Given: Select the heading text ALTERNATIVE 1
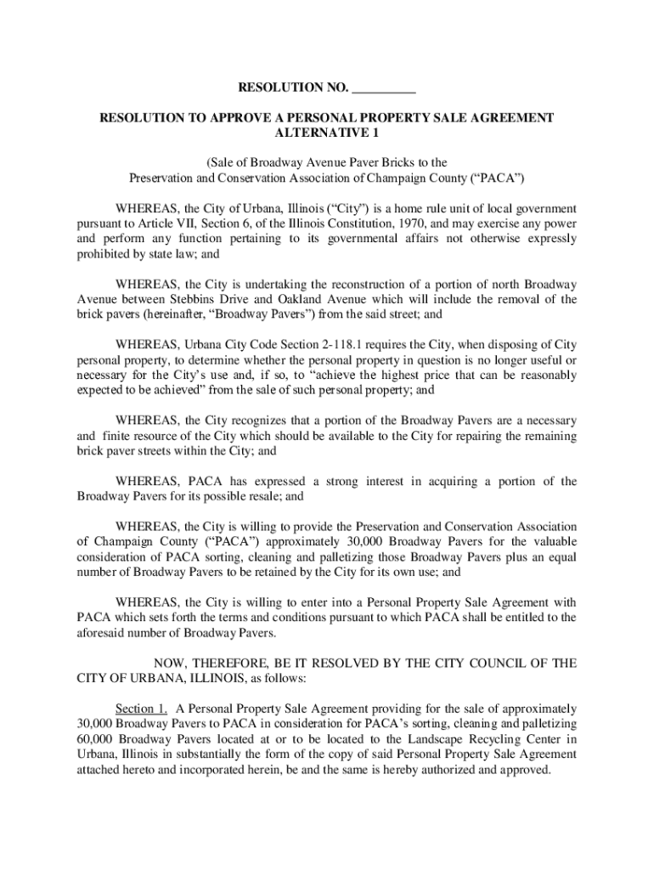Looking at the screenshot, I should click(x=327, y=133).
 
